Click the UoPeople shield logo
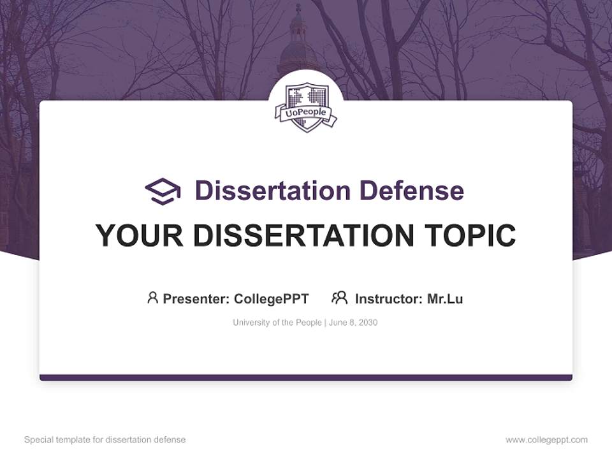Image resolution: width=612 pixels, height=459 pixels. (306, 107)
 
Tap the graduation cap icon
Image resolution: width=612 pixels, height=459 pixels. (163, 191)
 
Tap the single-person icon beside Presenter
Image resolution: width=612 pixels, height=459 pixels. (152, 298)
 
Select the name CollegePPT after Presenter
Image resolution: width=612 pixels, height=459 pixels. (272, 299)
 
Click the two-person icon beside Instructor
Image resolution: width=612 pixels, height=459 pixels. (340, 298)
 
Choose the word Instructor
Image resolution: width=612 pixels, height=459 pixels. (388, 299)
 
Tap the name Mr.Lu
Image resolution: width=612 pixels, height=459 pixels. (445, 299)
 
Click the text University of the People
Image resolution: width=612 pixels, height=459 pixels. (277, 323)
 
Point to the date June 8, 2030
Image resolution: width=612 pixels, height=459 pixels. (353, 323)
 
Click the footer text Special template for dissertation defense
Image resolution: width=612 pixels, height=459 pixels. (105, 440)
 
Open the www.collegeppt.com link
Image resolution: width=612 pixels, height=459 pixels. (546, 440)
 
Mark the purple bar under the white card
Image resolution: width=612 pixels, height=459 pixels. (306, 377)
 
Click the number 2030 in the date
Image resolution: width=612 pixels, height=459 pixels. (368, 323)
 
